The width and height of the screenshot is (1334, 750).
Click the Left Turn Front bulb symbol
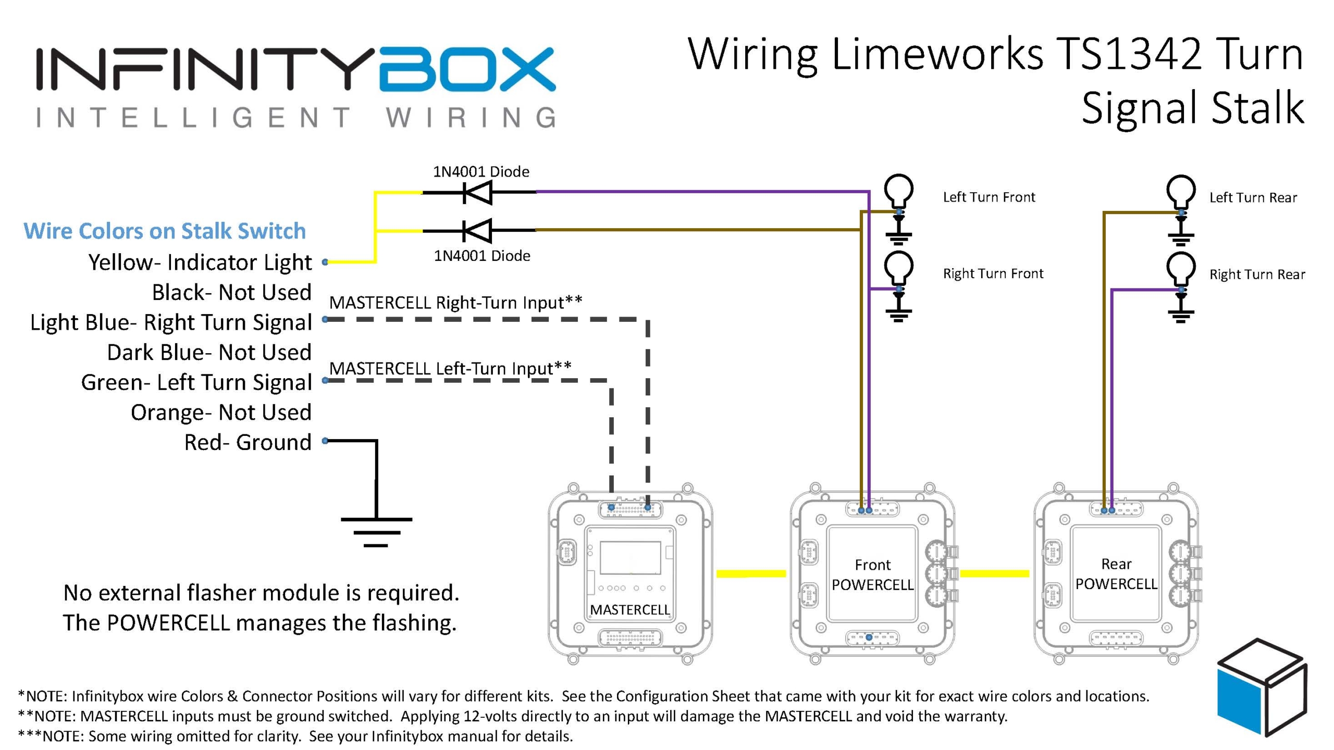coord(899,191)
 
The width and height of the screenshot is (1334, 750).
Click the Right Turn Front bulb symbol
coord(899,268)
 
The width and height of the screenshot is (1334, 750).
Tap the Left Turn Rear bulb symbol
coord(1181,192)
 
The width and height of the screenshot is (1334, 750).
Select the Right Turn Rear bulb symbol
coord(1181,269)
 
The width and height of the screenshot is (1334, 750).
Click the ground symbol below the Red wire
coord(376,531)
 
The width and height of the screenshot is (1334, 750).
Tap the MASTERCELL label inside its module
coord(629,610)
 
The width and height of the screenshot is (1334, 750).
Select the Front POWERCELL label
coord(872,575)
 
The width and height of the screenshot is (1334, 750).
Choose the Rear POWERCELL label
coord(1116,574)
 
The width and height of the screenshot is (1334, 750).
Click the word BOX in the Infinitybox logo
coord(467,70)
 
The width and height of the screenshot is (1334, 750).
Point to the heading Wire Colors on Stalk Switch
coord(165,231)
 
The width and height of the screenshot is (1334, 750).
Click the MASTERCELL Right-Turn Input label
coord(455,303)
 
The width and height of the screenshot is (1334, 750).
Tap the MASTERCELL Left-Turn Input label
coord(450,368)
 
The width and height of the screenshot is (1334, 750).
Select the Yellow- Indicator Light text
coord(200,262)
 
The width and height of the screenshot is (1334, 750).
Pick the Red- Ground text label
coord(248,442)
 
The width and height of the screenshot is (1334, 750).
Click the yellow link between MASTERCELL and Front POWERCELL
coord(751,573)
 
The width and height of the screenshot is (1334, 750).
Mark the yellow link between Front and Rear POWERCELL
coord(994,573)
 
